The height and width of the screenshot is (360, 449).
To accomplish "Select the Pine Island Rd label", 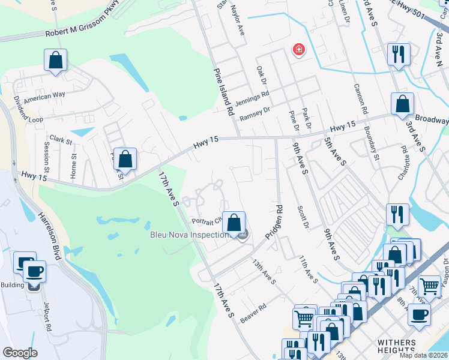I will point(223,92).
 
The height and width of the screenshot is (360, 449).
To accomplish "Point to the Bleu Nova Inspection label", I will point(191,235).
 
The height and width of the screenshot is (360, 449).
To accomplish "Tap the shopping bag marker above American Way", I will point(55,60).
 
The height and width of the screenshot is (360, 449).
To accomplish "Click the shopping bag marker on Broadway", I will point(402,104).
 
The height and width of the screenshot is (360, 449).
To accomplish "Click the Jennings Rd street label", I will point(252,97).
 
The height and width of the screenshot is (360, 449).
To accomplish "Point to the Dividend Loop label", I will point(28,111).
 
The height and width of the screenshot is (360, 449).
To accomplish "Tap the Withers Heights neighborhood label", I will point(396,346).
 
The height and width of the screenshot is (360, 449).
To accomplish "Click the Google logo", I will point(20,353).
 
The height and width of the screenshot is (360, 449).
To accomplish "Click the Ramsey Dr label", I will point(255,114).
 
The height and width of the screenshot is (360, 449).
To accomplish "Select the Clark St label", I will point(61,140).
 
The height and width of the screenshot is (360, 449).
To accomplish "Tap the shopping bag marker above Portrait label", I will point(234,221).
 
